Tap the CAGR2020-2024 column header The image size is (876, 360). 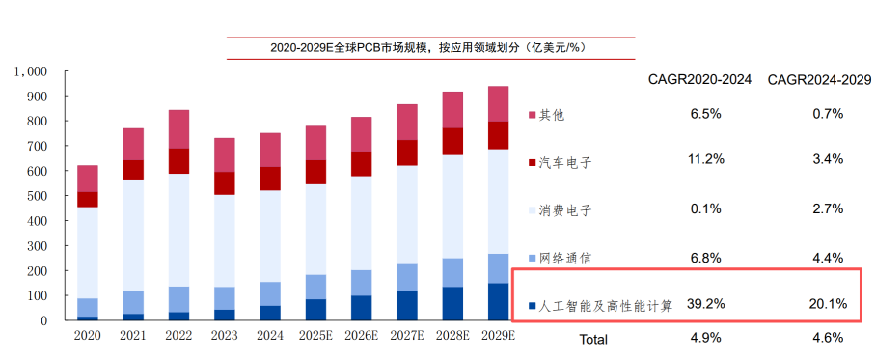(699, 80)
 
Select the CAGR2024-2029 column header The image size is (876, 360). (819, 80)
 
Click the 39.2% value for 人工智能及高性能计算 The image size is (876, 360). (706, 304)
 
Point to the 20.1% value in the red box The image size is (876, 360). (829, 304)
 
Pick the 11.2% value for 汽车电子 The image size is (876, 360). (706, 159)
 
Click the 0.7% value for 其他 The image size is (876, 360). (829, 114)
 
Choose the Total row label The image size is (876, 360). (593, 340)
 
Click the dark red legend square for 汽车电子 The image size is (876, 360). (533, 163)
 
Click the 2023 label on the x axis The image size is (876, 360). (224, 336)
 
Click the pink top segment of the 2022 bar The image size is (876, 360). (178, 129)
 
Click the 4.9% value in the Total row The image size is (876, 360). (706, 338)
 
